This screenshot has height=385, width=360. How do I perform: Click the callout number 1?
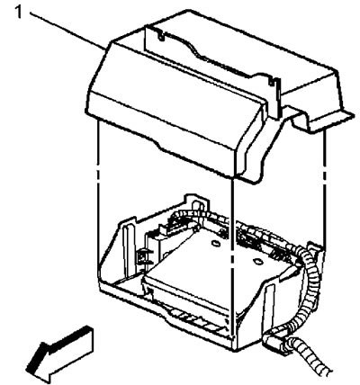[x=19, y=13]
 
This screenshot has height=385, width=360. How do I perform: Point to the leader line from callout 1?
[x=68, y=31]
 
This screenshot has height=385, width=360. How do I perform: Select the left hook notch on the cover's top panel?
[x=162, y=36]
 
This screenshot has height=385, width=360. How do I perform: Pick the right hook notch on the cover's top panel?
[x=274, y=81]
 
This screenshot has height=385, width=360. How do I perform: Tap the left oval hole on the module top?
[x=215, y=243]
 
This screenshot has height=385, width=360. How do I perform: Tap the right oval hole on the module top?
[x=256, y=262]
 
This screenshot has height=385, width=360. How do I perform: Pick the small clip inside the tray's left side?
[x=141, y=255]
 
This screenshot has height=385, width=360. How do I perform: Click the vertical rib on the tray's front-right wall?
[x=268, y=306]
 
